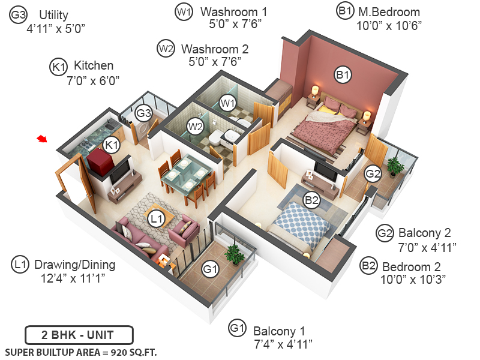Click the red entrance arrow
41,139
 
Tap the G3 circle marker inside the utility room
143,112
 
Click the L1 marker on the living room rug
157,220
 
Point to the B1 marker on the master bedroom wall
343,75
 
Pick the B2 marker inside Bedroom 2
311,200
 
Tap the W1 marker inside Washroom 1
227,103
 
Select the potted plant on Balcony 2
394,165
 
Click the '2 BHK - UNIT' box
79,335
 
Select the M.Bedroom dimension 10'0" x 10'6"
389,25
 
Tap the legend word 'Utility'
53,15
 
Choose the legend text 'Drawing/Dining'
74,264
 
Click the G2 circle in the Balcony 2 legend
385,233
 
